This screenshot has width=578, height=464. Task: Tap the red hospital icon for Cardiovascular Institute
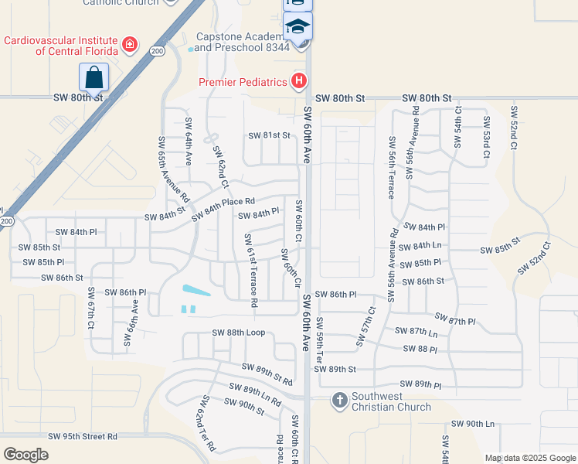pyautogui.click(x=130, y=46)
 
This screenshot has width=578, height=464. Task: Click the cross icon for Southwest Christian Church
pyautogui.click(x=339, y=401)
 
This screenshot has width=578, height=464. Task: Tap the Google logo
pyautogui.click(x=26, y=455)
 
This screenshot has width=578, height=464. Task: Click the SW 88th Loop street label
pyautogui.click(x=239, y=333)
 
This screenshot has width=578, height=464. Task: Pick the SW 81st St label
pyautogui.click(x=269, y=135)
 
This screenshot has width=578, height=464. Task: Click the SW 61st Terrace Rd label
pyautogui.click(x=251, y=270)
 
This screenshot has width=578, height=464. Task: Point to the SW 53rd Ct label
pyautogui.click(x=487, y=138)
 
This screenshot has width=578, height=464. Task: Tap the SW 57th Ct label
pyautogui.click(x=365, y=326)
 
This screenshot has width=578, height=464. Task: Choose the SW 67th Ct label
pyautogui.click(x=90, y=309)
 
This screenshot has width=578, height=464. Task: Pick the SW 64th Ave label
pyautogui.click(x=188, y=142)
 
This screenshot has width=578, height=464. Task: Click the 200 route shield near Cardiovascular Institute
pyautogui.click(x=158, y=51)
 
